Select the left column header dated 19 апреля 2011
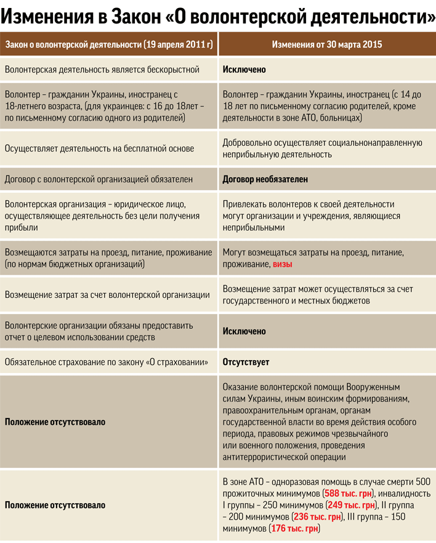109,45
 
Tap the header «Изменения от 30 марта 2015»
327,45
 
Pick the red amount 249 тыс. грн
352,505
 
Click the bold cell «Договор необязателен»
265,180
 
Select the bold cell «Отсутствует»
246,362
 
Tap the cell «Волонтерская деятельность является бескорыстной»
102,70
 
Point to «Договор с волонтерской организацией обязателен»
99,180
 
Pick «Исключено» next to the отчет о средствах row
244,331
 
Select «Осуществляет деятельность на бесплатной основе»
99,148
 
